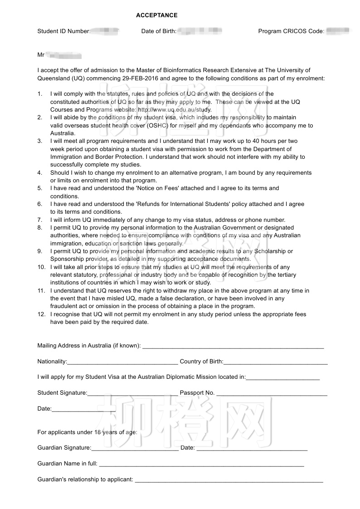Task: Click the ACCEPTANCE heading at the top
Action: tap(156, 15)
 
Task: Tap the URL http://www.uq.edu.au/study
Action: tap(175, 110)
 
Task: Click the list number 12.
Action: tap(40, 314)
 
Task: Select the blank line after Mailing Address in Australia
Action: tap(233, 346)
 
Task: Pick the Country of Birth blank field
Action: tap(275, 362)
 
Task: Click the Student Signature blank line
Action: tap(132, 393)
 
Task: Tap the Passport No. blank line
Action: tap(272, 393)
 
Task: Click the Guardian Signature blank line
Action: tap(135, 448)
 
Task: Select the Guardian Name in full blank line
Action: tap(201, 464)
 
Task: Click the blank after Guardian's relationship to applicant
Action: tap(229, 480)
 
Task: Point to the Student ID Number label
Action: tap(63, 31)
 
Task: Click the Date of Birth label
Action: tap(159, 31)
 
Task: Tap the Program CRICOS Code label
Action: tap(291, 31)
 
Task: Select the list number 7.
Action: tap(40, 220)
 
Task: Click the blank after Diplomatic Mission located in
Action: tap(283, 377)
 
